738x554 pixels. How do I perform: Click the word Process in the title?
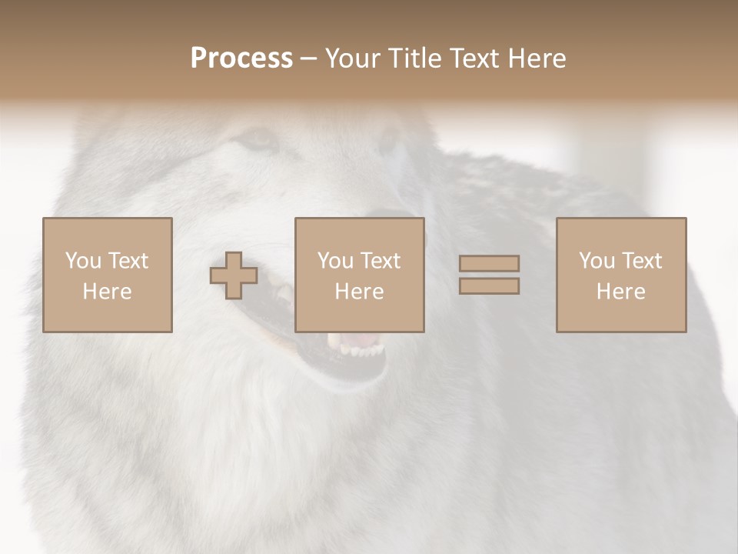click(x=241, y=58)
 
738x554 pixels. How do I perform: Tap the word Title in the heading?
click(x=417, y=58)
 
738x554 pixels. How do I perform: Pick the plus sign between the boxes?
click(x=234, y=275)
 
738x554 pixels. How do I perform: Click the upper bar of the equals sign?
click(x=489, y=264)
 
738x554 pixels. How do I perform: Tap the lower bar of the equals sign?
click(x=489, y=286)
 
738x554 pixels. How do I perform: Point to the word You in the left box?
click(x=83, y=261)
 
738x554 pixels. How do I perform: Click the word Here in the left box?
click(x=107, y=292)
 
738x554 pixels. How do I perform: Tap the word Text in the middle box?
click(x=380, y=261)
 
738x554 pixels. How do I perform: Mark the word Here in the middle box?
click(x=359, y=292)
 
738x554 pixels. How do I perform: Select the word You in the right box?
click(x=597, y=261)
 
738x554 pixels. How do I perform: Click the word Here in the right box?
click(x=620, y=292)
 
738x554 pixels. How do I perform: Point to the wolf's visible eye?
click(x=258, y=139)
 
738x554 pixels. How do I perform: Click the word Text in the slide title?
click(x=472, y=58)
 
